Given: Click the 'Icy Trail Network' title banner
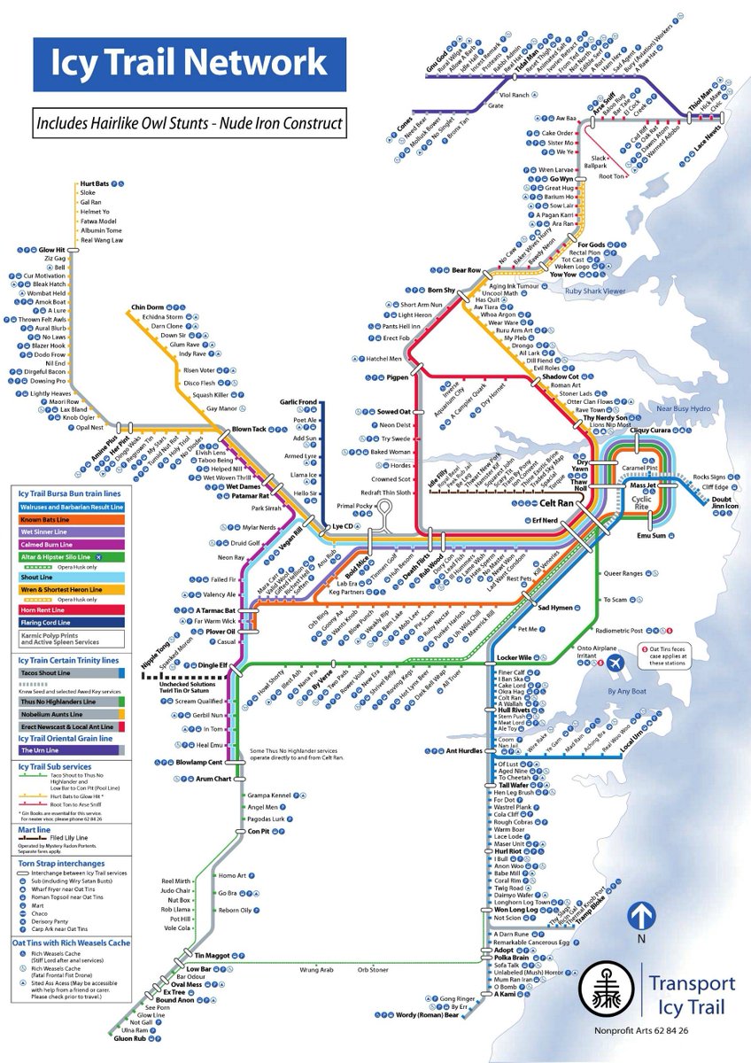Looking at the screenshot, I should pos(189,64).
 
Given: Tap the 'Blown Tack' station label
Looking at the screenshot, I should pos(249,430).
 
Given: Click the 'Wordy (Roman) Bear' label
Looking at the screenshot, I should pos(428,1015).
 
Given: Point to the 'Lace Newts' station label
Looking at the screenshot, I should pos(712,139).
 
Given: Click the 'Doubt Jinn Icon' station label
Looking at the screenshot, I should pos(721,503).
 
